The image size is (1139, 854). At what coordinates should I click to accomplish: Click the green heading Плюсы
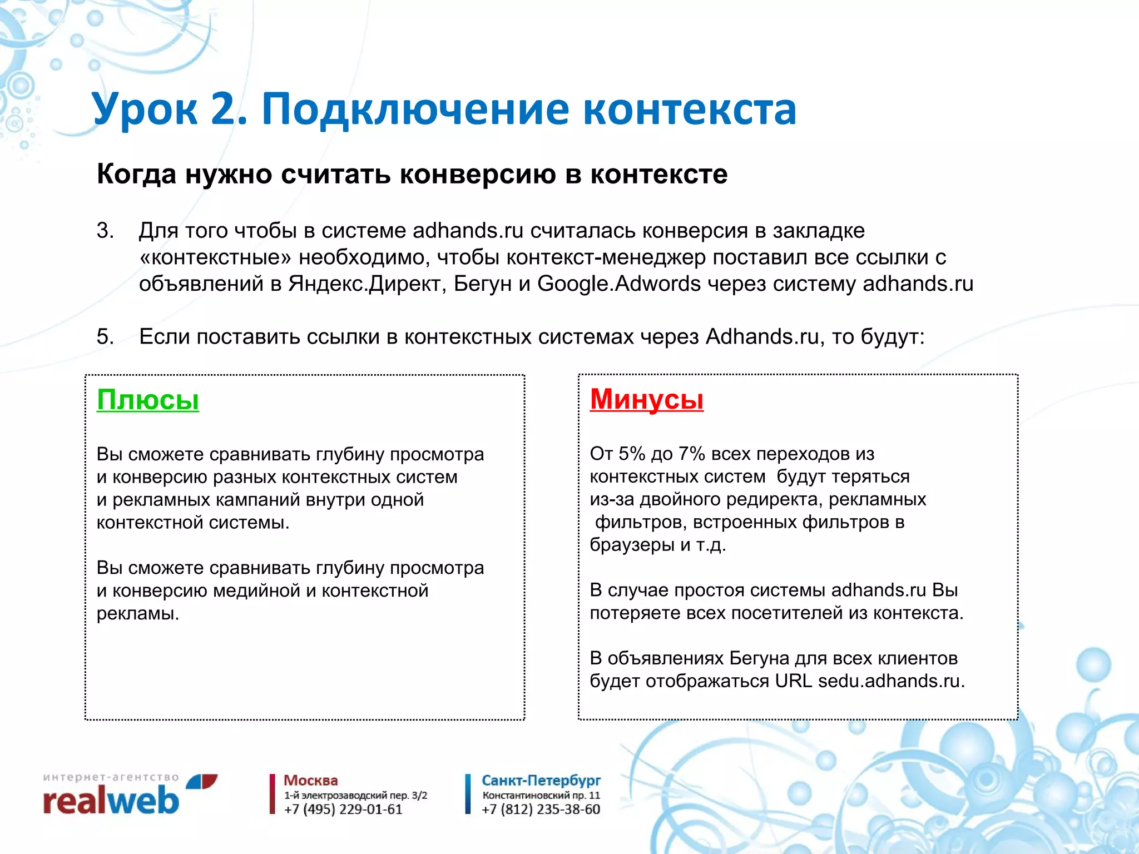tap(147, 400)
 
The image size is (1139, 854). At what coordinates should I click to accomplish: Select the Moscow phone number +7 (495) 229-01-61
tap(343, 810)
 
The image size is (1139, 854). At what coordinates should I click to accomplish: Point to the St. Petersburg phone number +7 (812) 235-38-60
tap(541, 810)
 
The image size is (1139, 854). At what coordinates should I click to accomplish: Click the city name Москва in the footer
tap(310, 781)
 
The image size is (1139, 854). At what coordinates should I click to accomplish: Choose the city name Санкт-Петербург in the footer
tap(541, 781)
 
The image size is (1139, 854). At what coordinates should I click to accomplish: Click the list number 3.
tap(105, 231)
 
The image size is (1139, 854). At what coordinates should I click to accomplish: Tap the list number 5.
tap(105, 337)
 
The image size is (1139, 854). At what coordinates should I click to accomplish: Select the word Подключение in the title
tap(415, 109)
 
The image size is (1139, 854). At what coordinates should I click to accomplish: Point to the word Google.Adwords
tap(618, 284)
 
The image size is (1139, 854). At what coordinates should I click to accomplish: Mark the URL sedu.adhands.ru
tap(891, 681)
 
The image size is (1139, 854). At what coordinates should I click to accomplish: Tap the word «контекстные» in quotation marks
tap(215, 257)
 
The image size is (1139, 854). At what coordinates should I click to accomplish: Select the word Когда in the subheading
tap(136, 174)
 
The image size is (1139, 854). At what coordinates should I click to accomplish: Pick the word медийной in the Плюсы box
tap(256, 590)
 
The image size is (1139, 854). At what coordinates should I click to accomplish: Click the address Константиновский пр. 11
tap(541, 796)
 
